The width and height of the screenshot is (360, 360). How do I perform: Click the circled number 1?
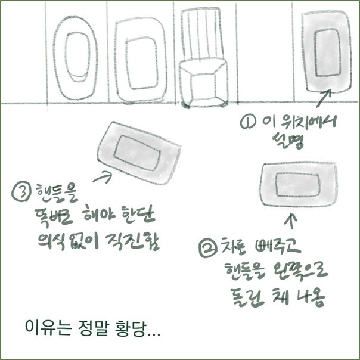click(x=246, y=123)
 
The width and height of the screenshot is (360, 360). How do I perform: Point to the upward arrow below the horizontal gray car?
click(x=291, y=222)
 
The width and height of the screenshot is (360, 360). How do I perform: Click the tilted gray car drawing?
click(x=139, y=153)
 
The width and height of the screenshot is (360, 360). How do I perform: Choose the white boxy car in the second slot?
click(x=139, y=58)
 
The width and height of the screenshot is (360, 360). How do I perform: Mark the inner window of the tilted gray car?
click(x=136, y=151)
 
